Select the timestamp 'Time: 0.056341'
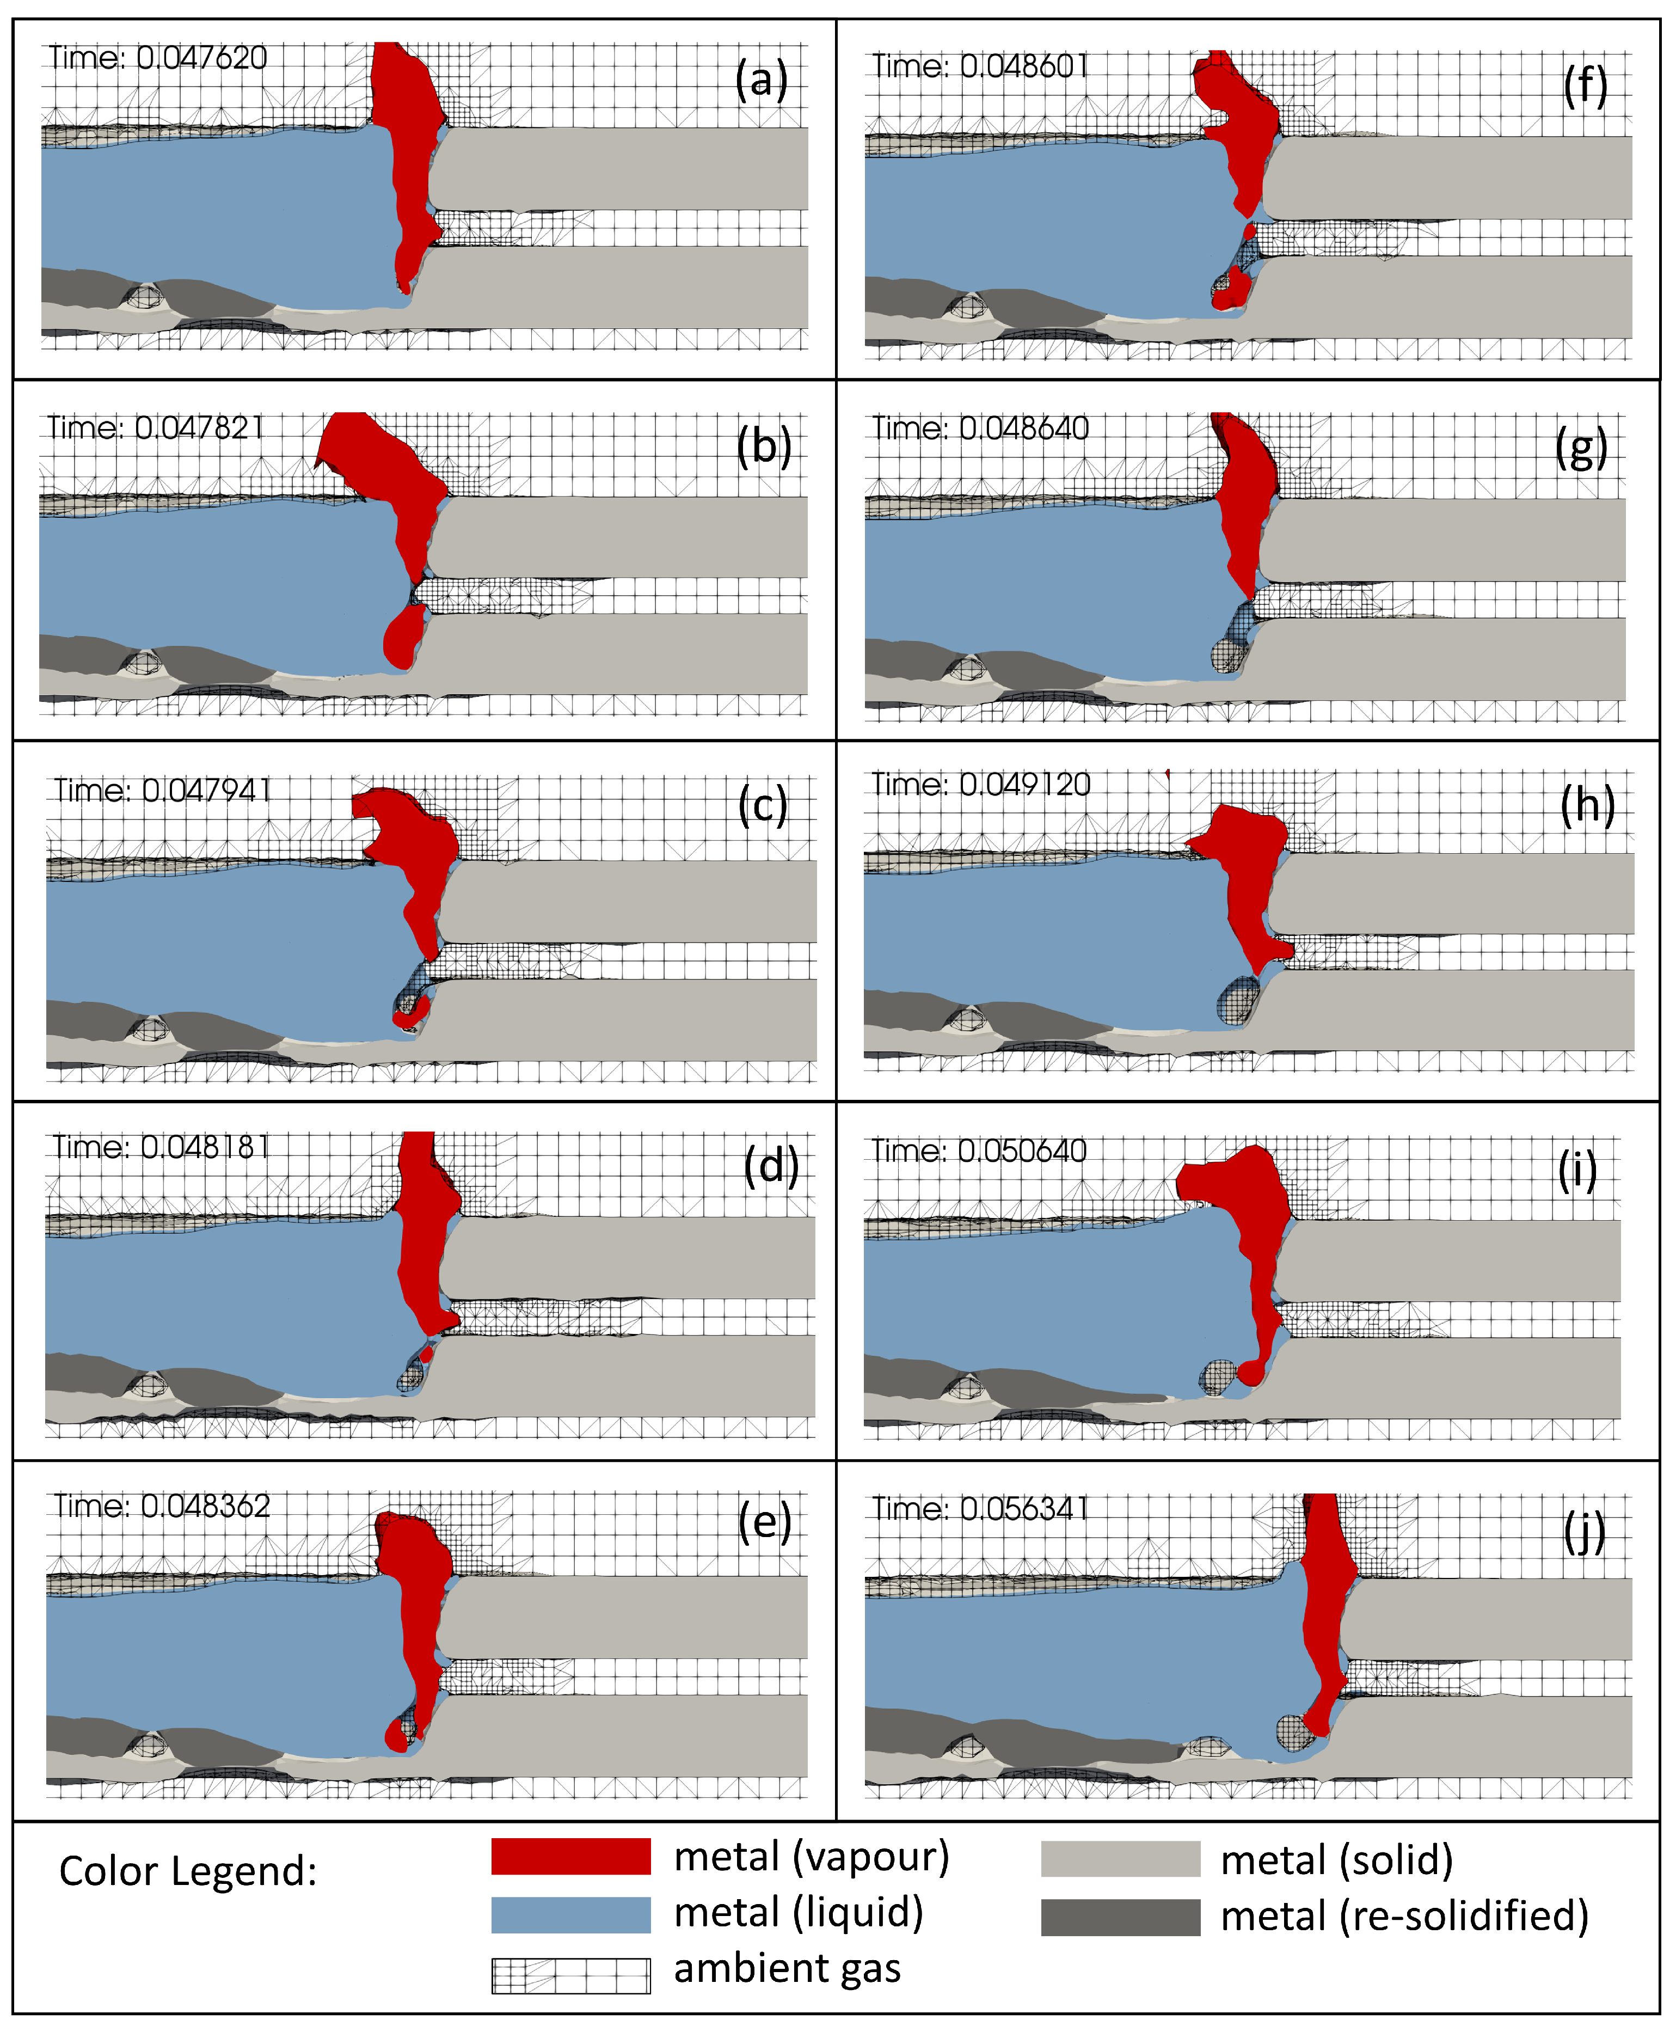point(980,1509)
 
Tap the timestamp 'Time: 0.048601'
point(980,66)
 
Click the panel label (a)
point(761,79)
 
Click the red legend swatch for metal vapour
point(570,1856)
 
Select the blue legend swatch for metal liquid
point(570,1915)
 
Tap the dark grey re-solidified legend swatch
point(1120,1917)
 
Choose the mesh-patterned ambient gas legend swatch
point(570,1975)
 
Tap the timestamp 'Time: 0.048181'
point(160,1147)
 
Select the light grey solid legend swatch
point(1120,1858)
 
